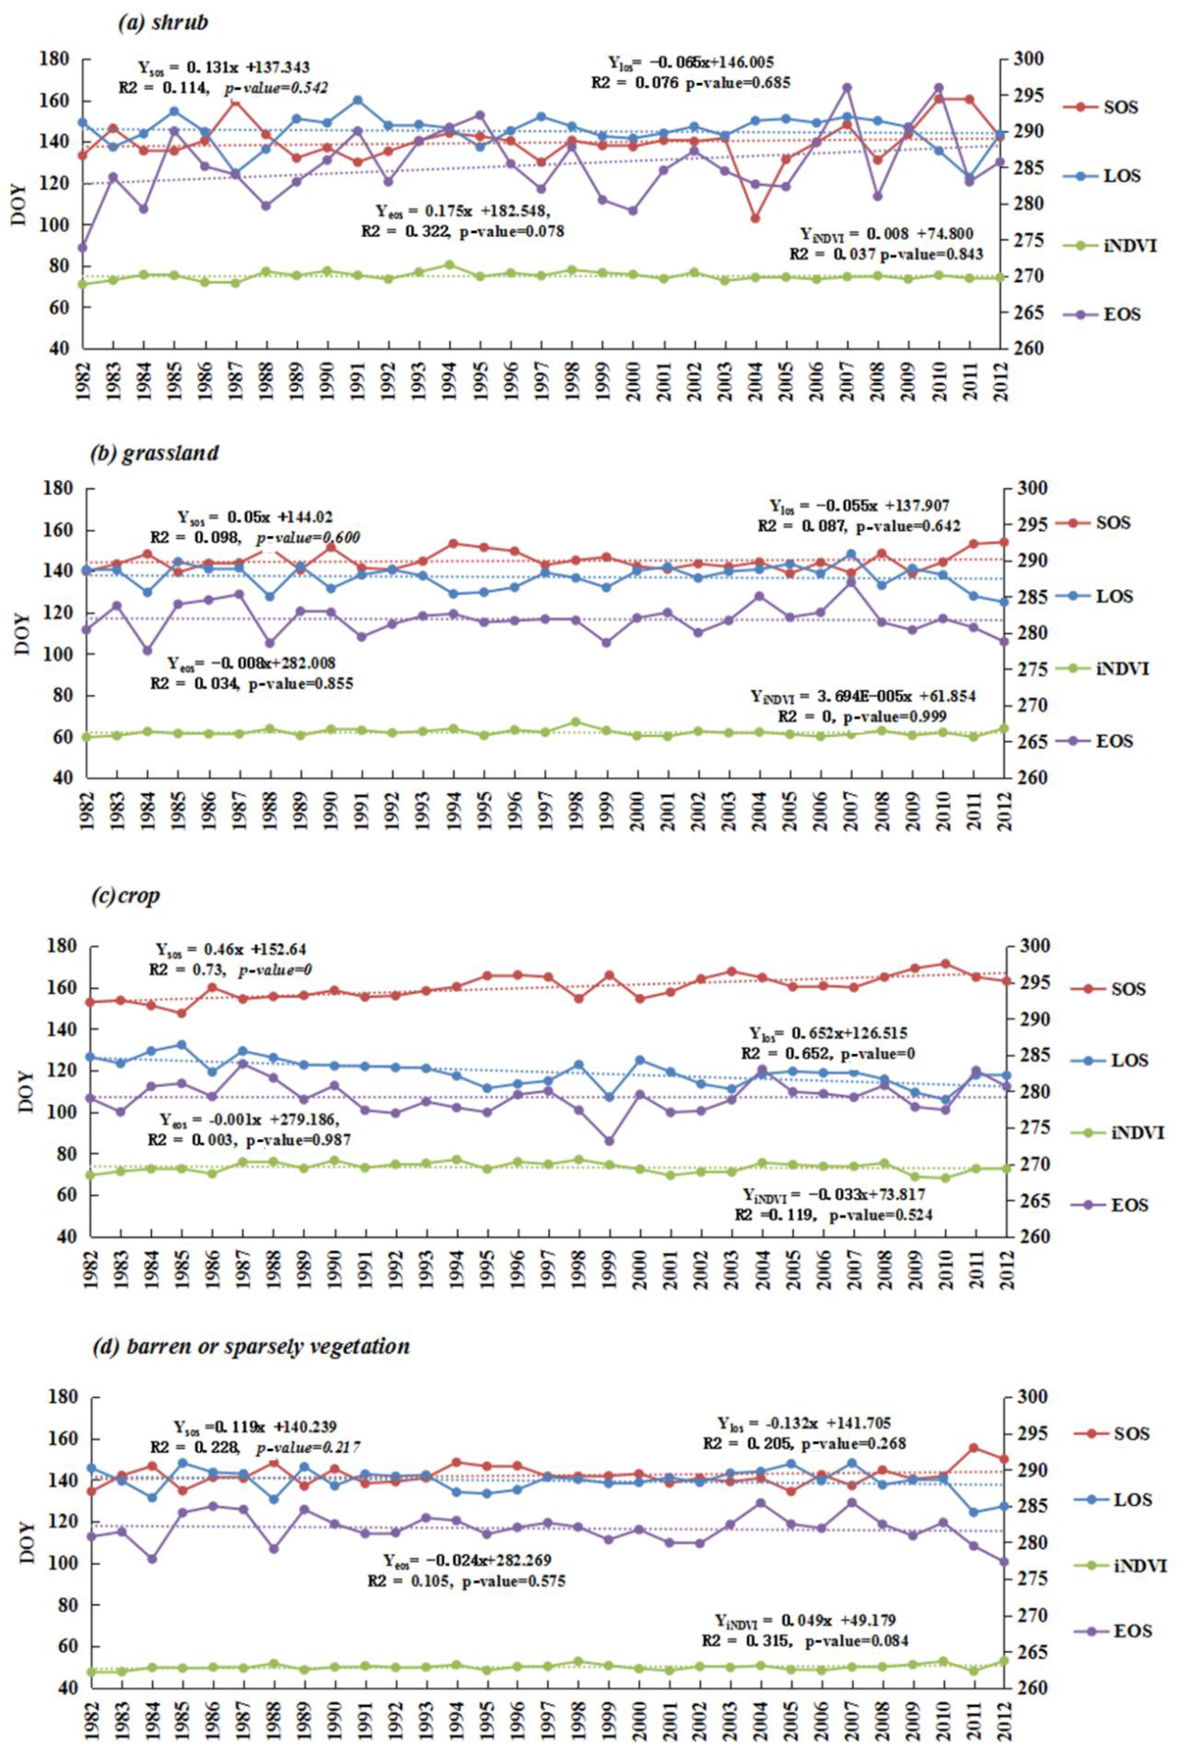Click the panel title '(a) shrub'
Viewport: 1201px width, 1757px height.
(162, 23)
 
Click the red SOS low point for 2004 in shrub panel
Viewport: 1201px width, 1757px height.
(755, 218)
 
